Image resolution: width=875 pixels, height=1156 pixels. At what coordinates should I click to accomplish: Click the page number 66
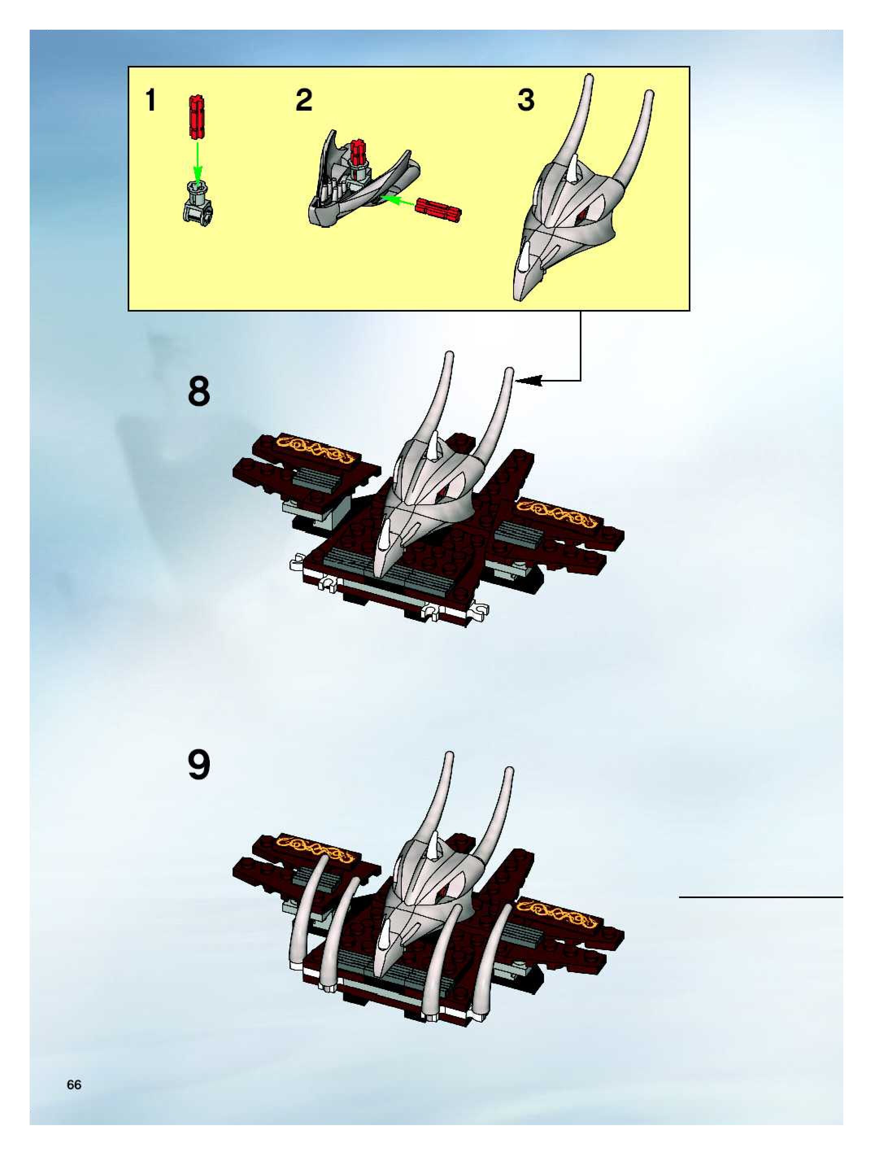point(74,1081)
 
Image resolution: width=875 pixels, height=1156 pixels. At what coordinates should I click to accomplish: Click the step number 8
point(198,391)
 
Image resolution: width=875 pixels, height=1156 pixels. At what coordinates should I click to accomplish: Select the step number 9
point(198,765)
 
